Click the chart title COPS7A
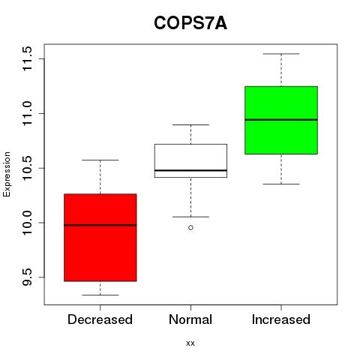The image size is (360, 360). pyautogui.click(x=190, y=23)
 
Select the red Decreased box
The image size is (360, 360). pyautogui.click(x=100, y=238)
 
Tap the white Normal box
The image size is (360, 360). pyautogui.click(x=190, y=160)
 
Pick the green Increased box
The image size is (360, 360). pyautogui.click(x=281, y=120)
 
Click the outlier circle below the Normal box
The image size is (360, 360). pyautogui.click(x=190, y=227)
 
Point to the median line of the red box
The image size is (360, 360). pyautogui.click(x=100, y=225)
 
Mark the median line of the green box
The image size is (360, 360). pyautogui.click(x=281, y=120)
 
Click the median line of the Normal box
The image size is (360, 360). pyautogui.click(x=190, y=170)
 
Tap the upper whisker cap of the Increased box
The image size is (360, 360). pyautogui.click(x=281, y=54)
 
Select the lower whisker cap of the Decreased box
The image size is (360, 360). pyautogui.click(x=100, y=295)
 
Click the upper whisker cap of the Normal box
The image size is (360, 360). pyautogui.click(x=190, y=124)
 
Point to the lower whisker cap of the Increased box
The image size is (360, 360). pyautogui.click(x=281, y=184)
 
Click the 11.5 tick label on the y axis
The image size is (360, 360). pyautogui.click(x=26, y=58)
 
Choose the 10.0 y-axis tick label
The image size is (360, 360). pyautogui.click(x=26, y=223)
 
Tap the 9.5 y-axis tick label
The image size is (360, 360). pyautogui.click(x=26, y=277)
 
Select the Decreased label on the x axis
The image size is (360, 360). pyautogui.click(x=100, y=319)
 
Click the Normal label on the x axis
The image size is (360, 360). pyautogui.click(x=190, y=319)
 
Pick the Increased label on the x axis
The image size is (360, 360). pyautogui.click(x=281, y=319)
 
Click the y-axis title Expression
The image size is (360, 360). pyautogui.click(x=7, y=174)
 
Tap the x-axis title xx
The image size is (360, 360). pyautogui.click(x=190, y=343)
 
